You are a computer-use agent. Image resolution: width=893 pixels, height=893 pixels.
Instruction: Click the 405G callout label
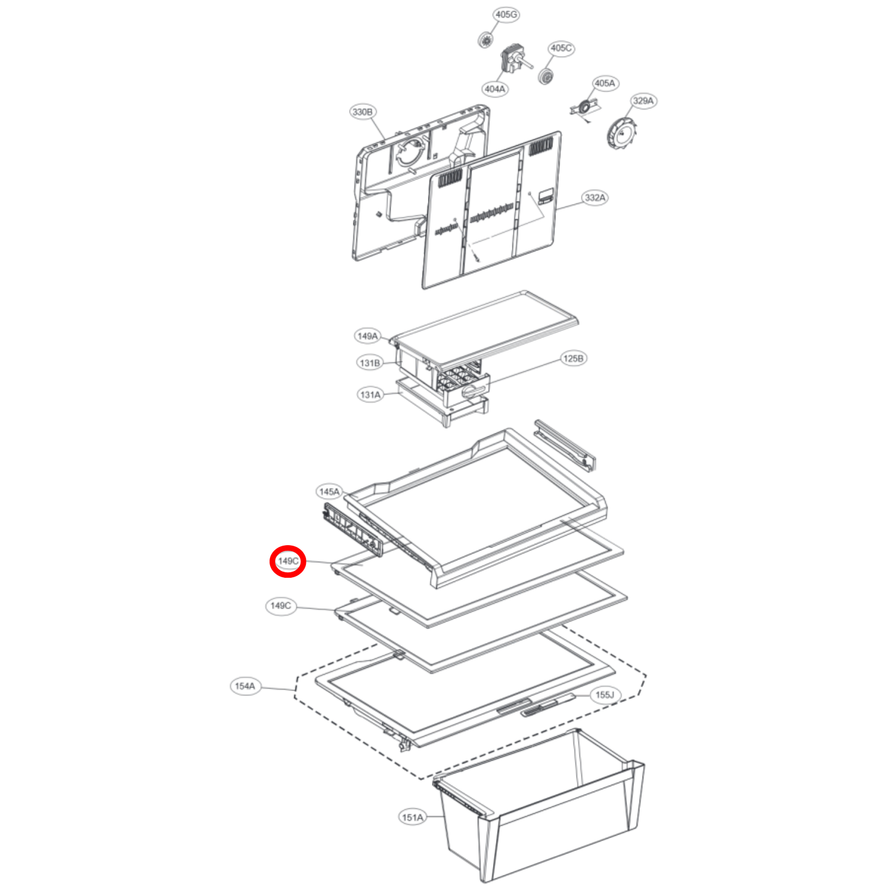(x=506, y=15)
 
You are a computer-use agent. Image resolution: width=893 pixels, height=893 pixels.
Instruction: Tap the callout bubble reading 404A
(x=494, y=89)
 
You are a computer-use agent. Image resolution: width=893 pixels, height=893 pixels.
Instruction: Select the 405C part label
(x=561, y=48)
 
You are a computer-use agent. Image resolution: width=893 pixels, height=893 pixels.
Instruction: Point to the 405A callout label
(x=604, y=83)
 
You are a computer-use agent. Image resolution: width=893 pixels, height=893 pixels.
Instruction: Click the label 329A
(x=643, y=101)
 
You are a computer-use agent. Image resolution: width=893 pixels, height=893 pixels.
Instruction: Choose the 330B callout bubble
(x=362, y=112)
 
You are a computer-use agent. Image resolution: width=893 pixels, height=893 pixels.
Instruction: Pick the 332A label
(x=595, y=198)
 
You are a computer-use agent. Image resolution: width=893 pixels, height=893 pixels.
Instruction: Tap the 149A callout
(x=368, y=336)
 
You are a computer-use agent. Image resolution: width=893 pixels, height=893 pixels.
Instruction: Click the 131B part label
(x=370, y=363)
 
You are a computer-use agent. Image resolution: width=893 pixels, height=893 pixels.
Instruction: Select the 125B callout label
(x=573, y=358)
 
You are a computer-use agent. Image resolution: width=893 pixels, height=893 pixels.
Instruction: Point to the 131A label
(x=370, y=395)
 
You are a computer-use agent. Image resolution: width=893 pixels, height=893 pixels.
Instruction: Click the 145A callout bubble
(x=329, y=492)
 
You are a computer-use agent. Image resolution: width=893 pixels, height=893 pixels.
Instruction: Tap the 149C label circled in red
(x=288, y=561)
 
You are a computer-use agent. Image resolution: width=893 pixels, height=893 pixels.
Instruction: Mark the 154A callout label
(x=245, y=686)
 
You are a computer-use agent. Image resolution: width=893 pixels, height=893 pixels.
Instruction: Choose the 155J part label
(x=604, y=695)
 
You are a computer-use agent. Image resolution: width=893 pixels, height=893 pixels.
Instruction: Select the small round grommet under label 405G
(x=485, y=40)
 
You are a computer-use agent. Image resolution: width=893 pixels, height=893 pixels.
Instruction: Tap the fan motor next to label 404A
(x=514, y=59)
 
